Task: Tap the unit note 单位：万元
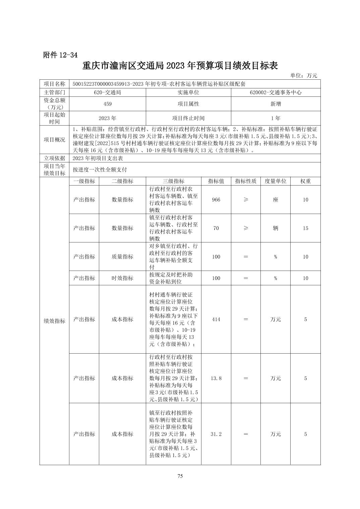click(303, 76)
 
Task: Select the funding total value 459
click(107, 104)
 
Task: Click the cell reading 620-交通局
click(107, 92)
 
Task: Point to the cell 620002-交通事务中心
click(276, 92)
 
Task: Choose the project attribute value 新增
click(276, 104)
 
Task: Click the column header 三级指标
click(173, 181)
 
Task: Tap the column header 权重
click(305, 181)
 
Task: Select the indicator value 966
click(216, 200)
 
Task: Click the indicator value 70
click(216, 228)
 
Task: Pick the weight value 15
click(305, 228)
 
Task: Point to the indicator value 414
click(216, 319)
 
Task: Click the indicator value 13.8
click(216, 378)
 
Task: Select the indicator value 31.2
click(216, 434)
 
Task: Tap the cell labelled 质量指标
click(122, 257)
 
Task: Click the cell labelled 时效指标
click(122, 278)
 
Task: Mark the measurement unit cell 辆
click(276, 228)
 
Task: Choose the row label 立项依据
click(54, 158)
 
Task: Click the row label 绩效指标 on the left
click(54, 321)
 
